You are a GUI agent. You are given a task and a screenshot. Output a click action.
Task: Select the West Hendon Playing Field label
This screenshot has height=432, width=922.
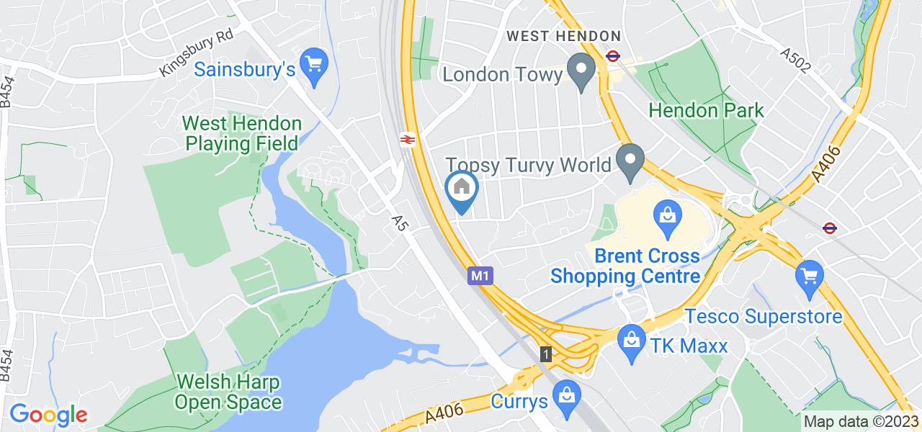(x=241, y=133)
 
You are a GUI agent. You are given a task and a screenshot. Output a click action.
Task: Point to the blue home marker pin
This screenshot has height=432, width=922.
(x=462, y=189)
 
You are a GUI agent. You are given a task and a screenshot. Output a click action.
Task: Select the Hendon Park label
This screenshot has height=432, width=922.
(x=706, y=110)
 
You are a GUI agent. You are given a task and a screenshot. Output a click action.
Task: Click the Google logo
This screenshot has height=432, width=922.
(x=48, y=414)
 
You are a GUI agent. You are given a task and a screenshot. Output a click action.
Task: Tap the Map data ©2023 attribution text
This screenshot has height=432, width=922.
(x=861, y=422)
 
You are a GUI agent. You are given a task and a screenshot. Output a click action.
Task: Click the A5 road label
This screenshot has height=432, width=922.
(x=400, y=222)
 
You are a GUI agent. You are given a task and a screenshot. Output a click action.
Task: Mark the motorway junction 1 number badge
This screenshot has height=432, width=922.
(x=547, y=354)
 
